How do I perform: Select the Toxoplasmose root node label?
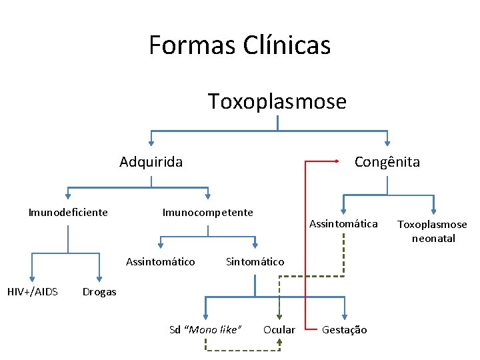(x=277, y=101)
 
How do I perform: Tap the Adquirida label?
(x=151, y=161)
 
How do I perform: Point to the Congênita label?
(x=387, y=161)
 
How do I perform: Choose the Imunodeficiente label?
(x=68, y=213)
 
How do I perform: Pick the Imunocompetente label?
(x=208, y=213)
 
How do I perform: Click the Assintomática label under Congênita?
(x=343, y=223)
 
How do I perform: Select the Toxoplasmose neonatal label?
(x=433, y=231)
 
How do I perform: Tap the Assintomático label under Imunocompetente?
(x=161, y=261)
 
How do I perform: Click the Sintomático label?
(x=255, y=261)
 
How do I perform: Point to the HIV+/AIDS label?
(x=32, y=291)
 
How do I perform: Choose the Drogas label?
(x=99, y=291)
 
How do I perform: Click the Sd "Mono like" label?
(x=205, y=329)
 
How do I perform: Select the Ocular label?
(x=279, y=329)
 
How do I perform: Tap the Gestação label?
(x=344, y=329)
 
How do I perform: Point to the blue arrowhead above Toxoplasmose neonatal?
(x=434, y=211)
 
